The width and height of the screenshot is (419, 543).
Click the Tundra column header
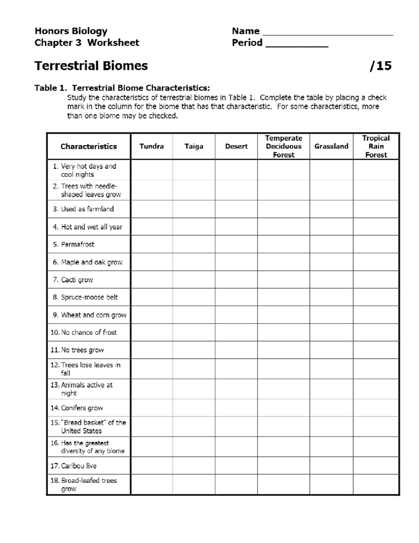(152, 146)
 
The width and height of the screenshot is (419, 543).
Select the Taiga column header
(194, 146)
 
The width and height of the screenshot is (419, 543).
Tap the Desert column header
(236, 146)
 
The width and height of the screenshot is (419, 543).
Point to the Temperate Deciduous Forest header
(284, 146)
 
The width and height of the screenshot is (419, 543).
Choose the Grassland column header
(331, 146)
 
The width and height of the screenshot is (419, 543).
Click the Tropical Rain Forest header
(376, 146)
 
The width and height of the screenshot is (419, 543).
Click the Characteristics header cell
(89, 146)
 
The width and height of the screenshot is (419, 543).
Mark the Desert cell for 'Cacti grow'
(236, 280)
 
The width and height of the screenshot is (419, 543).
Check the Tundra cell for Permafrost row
(152, 244)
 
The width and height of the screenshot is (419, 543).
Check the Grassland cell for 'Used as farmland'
(331, 209)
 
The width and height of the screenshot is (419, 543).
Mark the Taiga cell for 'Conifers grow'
(194, 408)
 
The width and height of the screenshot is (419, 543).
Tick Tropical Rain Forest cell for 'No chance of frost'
(376, 332)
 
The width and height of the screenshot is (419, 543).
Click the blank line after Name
(328, 32)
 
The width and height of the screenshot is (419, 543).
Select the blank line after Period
(297, 44)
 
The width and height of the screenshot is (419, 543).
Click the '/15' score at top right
(381, 66)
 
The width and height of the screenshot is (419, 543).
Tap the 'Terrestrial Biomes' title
(91, 66)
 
